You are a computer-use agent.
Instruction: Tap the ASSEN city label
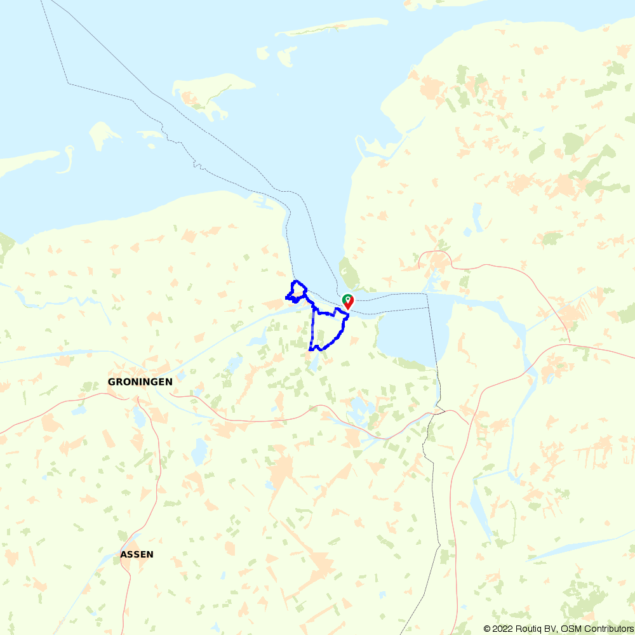pos(137,554)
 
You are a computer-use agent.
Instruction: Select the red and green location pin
pos(347,301)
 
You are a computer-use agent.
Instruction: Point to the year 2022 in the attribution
pos(502,629)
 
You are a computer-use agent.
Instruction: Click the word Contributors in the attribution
pos(607,629)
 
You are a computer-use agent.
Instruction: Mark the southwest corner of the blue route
pos(311,349)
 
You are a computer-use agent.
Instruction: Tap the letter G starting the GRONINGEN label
pos(112,382)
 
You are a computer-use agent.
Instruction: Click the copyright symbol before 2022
pos(487,629)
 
